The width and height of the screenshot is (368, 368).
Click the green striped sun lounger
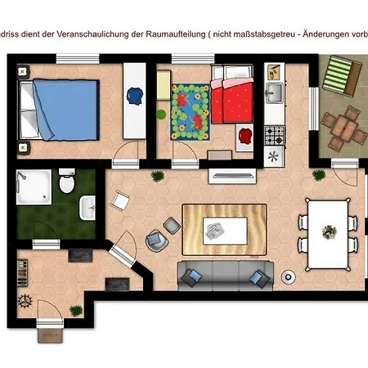(x=339, y=79)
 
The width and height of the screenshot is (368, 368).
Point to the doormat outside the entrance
(x=49, y=334)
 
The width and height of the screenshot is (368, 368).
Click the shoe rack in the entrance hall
(x=116, y=284)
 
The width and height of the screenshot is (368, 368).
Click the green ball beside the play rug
(x=161, y=114)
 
